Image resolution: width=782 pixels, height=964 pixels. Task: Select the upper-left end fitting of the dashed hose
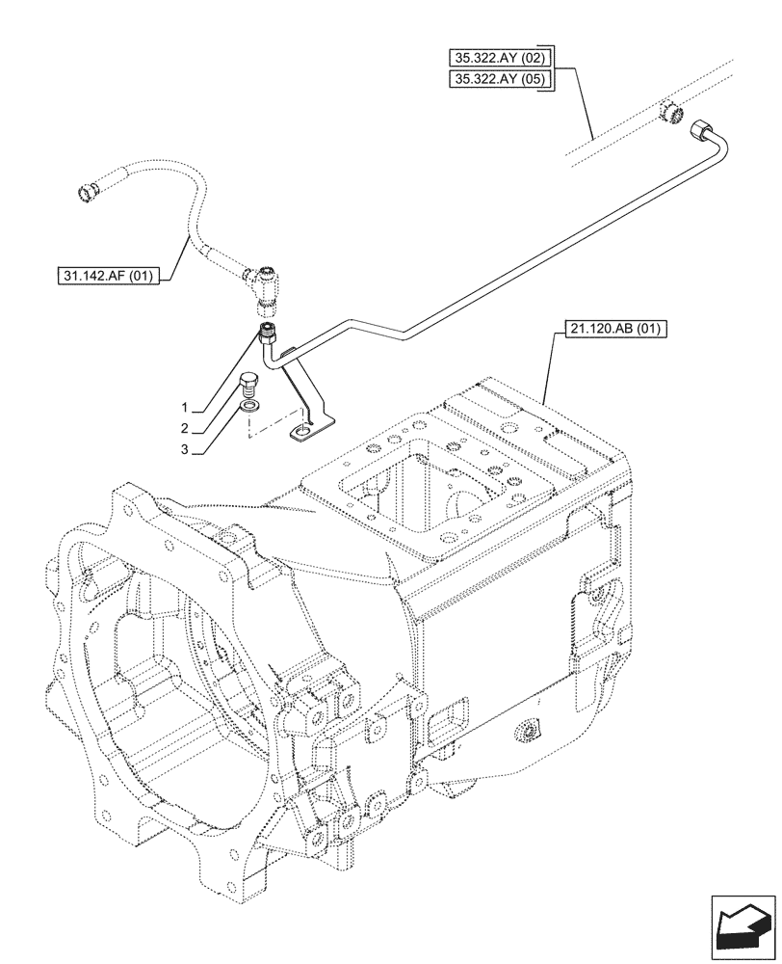(91, 189)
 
